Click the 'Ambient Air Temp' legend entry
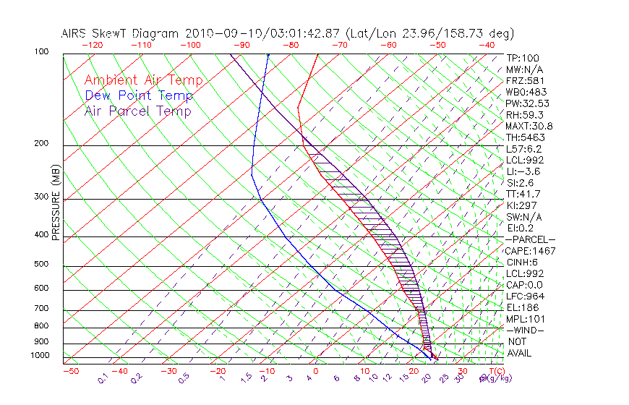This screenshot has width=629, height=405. [144, 81]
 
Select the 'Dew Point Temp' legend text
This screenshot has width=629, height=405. [139, 96]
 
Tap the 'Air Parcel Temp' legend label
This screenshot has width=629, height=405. [138, 111]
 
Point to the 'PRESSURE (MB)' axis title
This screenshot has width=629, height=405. [55, 202]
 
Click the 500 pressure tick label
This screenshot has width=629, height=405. [42, 265]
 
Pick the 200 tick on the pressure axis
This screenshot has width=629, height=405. [42, 144]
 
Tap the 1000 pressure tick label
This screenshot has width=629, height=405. [40, 356]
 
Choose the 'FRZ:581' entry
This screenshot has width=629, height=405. [524, 81]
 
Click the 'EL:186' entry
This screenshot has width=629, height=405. [521, 308]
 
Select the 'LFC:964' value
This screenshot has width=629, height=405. [524, 297]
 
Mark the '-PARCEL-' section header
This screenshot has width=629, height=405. [530, 239]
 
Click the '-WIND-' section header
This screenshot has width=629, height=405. [525, 331]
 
